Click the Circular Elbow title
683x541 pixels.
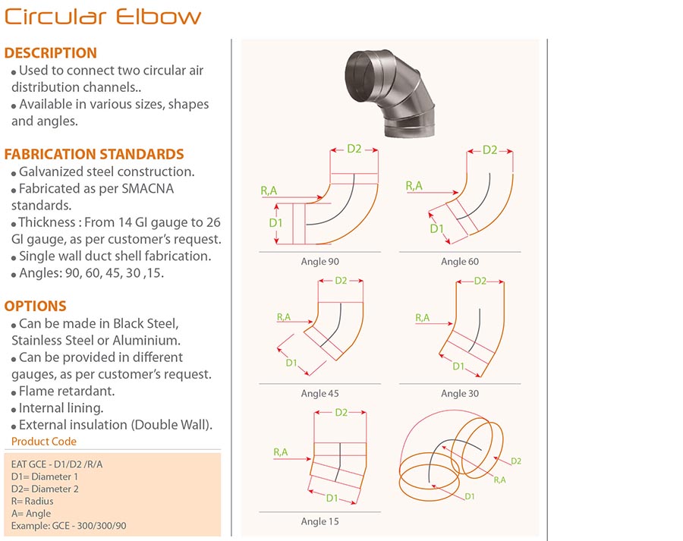[102, 17]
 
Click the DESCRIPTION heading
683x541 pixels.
[51, 52]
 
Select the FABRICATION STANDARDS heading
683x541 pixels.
[94, 154]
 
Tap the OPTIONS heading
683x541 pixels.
[35, 306]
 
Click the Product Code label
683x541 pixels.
[44, 442]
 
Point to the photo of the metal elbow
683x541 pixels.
[389, 93]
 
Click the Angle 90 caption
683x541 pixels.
[319, 261]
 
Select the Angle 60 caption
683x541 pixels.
[460, 261]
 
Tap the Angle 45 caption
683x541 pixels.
[319, 393]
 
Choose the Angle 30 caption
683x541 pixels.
[460, 393]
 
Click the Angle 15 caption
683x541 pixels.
[319, 521]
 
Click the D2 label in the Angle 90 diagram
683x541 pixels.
[354, 149]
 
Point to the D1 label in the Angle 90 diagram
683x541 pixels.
[275, 223]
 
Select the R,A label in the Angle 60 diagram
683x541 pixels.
[414, 186]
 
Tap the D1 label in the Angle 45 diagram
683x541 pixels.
[291, 363]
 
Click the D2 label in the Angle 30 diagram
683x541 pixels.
[480, 281]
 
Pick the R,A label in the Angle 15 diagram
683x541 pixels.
[281, 452]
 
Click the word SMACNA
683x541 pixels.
[148, 189]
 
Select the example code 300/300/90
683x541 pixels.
[102, 526]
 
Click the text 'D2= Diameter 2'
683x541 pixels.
[45, 489]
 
